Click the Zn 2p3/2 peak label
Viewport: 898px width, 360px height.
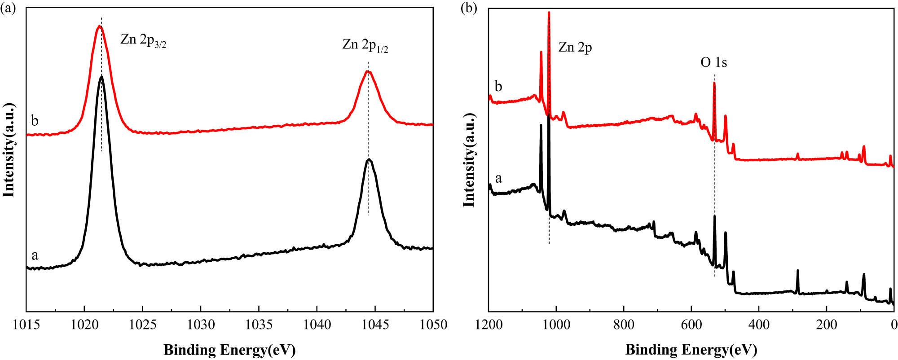click(143, 40)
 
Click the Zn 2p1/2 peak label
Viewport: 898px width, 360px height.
click(365, 45)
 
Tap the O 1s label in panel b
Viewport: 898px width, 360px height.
click(713, 62)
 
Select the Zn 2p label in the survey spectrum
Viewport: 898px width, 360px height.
click(575, 47)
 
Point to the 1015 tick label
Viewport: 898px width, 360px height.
click(26, 325)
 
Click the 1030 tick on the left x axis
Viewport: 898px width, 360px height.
click(201, 325)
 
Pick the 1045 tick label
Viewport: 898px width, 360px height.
click(375, 325)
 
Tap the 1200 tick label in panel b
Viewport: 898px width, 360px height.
click(489, 325)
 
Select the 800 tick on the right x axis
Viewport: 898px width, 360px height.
click(624, 325)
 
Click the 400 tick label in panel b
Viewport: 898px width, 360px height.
click(759, 325)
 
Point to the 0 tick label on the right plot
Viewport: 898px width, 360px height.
click(894, 325)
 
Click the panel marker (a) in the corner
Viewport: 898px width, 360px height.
click(9, 9)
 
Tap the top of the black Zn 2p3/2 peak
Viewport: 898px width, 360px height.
click(101, 77)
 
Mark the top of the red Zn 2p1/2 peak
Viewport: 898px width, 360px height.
click(368, 71)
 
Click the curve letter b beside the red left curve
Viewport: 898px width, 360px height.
click(35, 121)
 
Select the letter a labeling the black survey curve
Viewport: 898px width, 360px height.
click(498, 179)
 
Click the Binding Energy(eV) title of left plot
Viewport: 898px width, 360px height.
click(229, 350)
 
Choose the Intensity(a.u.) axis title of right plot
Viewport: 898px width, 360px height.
click(469, 159)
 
